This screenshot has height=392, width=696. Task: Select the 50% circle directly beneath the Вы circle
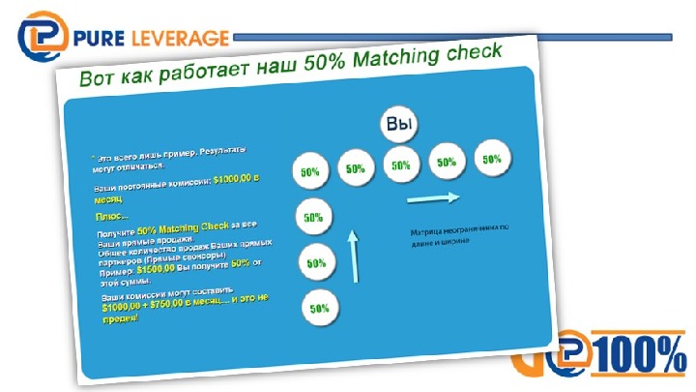[x=401, y=166]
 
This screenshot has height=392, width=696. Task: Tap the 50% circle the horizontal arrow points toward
[x=492, y=159]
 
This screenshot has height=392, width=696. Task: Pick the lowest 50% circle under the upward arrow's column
[x=320, y=309]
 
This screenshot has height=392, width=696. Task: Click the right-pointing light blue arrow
[x=431, y=199]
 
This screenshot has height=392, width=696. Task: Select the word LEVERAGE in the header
[x=185, y=39]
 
